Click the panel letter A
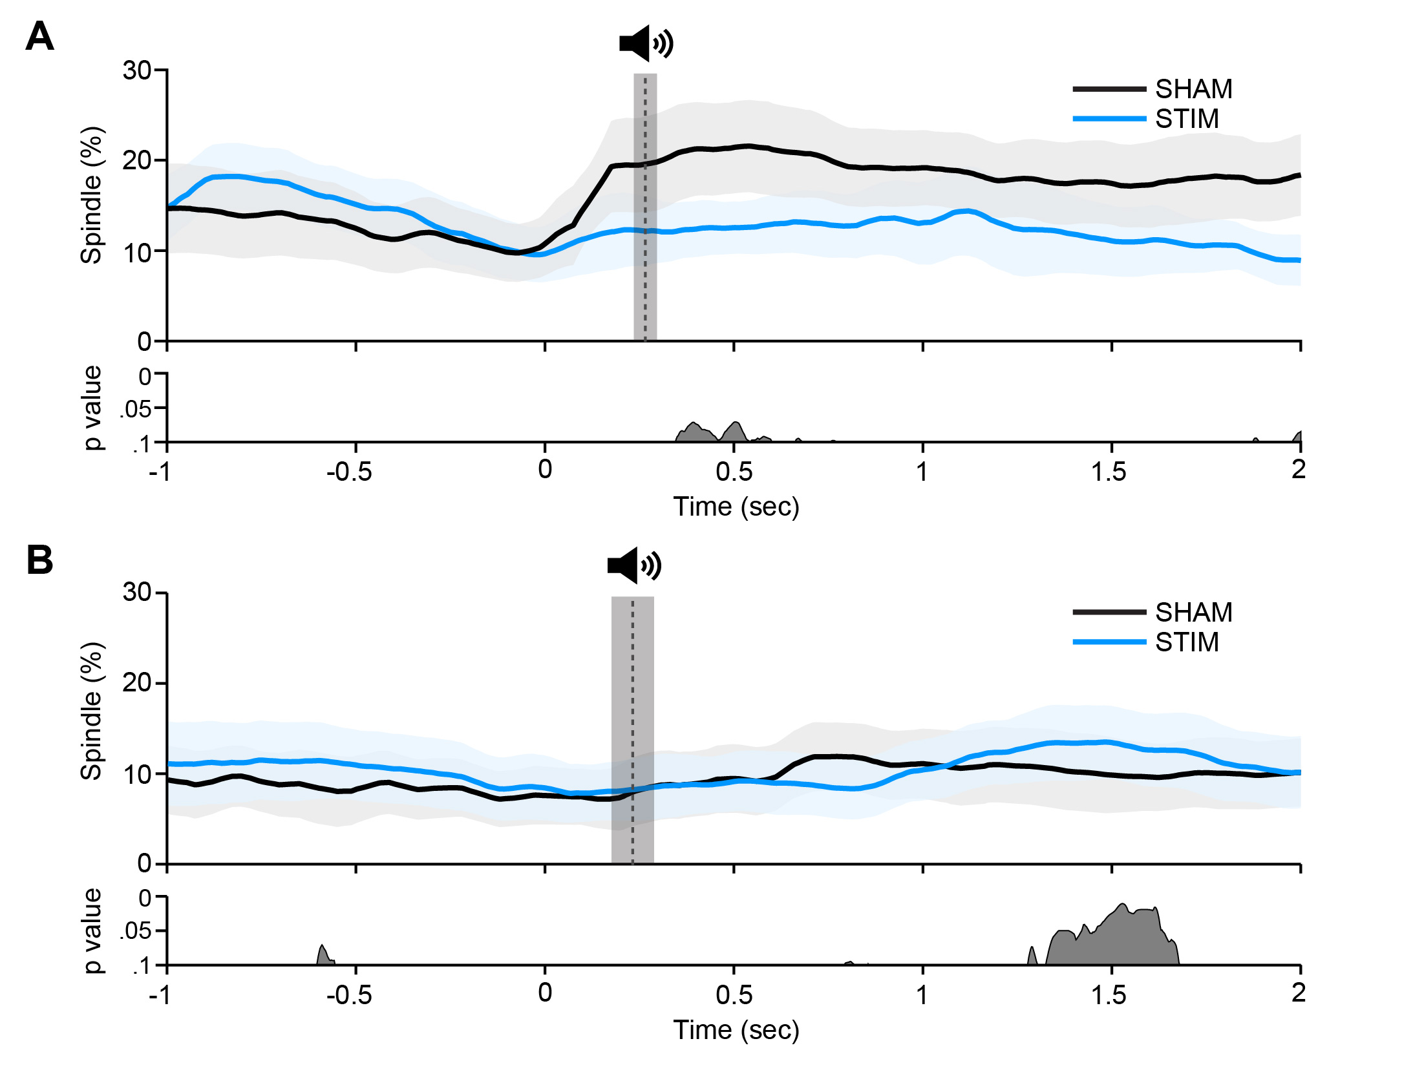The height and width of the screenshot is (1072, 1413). pyautogui.click(x=39, y=37)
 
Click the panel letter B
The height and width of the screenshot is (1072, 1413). pyautogui.click(x=39, y=560)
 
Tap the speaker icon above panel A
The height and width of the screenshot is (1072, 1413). pyautogui.click(x=646, y=43)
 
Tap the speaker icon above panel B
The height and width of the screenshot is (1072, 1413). pyautogui.click(x=634, y=565)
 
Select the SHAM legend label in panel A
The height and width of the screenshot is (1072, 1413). pyautogui.click(x=1193, y=89)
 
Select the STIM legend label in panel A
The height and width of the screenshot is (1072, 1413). pyautogui.click(x=1187, y=119)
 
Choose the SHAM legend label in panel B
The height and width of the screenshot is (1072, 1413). pyautogui.click(x=1193, y=613)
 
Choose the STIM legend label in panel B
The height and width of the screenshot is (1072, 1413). pyautogui.click(x=1187, y=642)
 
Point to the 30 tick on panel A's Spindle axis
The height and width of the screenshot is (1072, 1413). pyautogui.click(x=137, y=70)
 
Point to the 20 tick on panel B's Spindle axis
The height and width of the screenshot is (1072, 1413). pyautogui.click(x=137, y=682)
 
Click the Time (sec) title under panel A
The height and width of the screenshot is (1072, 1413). pyautogui.click(x=736, y=507)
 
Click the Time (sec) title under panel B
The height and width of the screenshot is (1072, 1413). pyautogui.click(x=736, y=1030)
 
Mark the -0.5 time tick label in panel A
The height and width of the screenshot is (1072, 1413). pyautogui.click(x=349, y=472)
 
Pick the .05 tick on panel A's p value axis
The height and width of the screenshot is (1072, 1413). pyautogui.click(x=136, y=409)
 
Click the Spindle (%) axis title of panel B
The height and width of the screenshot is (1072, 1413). pyautogui.click(x=92, y=711)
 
